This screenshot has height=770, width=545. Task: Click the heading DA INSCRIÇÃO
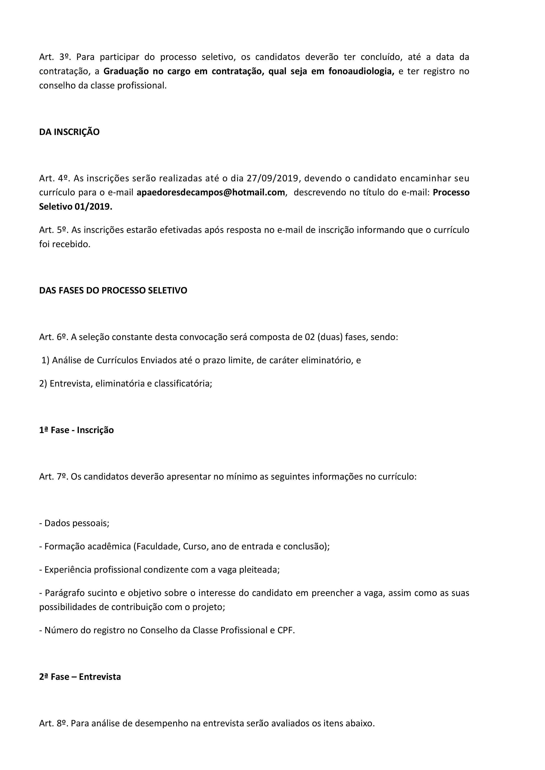pos(69,132)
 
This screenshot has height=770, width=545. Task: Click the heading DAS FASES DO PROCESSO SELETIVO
pos(113,290)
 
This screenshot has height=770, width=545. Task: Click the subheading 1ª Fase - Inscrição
pos(76,430)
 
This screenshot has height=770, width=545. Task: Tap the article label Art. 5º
pos(54,230)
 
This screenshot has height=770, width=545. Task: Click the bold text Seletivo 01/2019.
pos(76,207)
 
